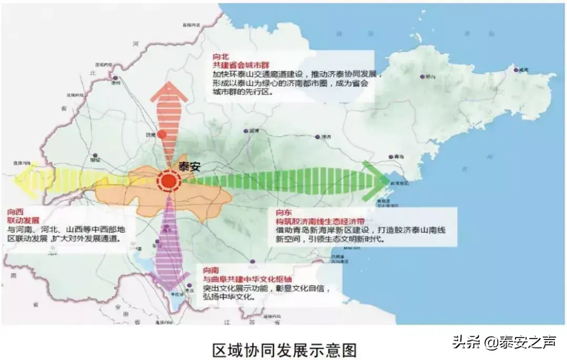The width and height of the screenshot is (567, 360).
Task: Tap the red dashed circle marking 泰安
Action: coord(169,182)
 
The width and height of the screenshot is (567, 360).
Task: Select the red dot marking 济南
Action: coord(163,134)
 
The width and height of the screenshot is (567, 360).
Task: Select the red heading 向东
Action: coord(284,213)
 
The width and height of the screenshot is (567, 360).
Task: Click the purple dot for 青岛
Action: coord(391,156)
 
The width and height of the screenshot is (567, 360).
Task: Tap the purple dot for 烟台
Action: coord(423,77)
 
